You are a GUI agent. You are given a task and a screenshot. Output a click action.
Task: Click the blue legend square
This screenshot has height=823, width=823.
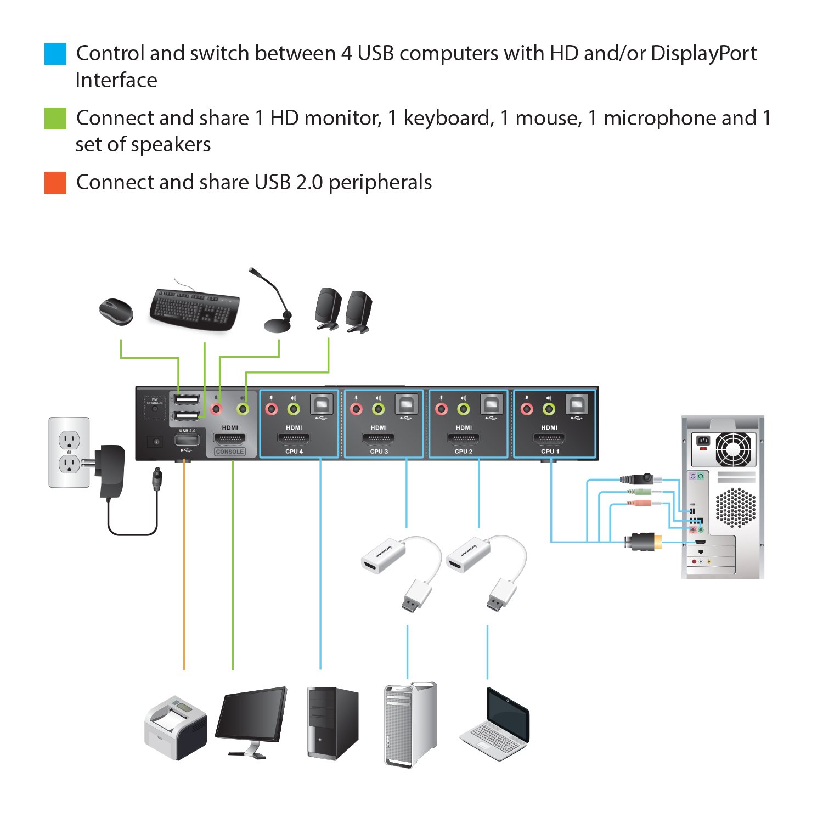pyautogui.click(x=55, y=54)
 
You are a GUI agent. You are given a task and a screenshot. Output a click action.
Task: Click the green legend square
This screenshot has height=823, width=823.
pyautogui.click(x=55, y=119)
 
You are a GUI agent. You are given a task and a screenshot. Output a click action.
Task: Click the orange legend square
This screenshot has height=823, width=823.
pyautogui.click(x=55, y=183)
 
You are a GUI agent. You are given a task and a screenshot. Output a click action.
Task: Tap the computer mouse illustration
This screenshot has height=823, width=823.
pyautogui.click(x=116, y=311)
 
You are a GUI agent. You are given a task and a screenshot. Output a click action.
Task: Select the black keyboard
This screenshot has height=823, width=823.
pyautogui.click(x=194, y=309)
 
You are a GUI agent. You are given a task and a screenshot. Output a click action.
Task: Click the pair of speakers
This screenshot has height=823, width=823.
pyautogui.click(x=343, y=310)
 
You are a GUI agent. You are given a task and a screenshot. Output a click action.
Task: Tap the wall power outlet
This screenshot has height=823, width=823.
pyautogui.click(x=69, y=452)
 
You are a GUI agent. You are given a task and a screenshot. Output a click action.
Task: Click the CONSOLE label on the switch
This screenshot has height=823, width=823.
pyautogui.click(x=230, y=452)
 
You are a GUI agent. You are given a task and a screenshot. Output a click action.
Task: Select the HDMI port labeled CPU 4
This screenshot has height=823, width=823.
pyautogui.click(x=294, y=438)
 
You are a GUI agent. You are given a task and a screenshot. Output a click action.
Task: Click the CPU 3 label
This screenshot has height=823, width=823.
pyautogui.click(x=379, y=452)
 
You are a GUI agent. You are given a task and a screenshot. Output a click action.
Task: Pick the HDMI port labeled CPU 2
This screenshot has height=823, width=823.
pyautogui.click(x=464, y=438)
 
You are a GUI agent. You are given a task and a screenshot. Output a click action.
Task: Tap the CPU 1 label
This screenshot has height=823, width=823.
pyautogui.click(x=550, y=452)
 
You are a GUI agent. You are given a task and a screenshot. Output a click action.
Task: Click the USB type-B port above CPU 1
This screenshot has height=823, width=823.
pyautogui.click(x=577, y=405)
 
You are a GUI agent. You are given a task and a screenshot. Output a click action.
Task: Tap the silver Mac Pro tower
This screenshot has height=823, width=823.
pyautogui.click(x=410, y=724)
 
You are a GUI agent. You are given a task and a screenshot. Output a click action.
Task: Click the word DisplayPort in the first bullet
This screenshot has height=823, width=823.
pyautogui.click(x=703, y=54)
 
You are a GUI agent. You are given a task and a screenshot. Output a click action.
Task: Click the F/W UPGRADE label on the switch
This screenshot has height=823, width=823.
pyautogui.click(x=155, y=401)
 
